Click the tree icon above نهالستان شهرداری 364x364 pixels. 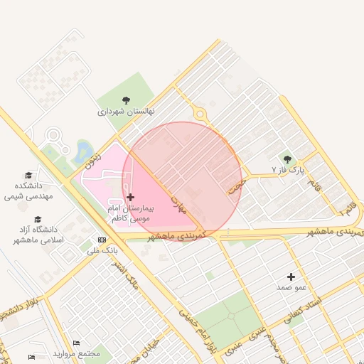coord(127,100)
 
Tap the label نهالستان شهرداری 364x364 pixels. coord(127,112)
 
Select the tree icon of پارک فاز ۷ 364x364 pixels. coord(287,159)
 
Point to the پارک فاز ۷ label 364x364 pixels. coord(287,171)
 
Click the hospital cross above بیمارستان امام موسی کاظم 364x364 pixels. coord(129,197)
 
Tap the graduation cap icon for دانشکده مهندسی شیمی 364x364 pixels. coord(28,175)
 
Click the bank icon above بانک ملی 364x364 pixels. coord(102,240)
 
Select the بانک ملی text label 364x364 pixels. coord(102,250)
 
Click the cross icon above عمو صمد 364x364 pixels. coord(291,276)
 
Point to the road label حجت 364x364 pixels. coord(235,186)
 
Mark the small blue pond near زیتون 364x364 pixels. coord(83,149)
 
